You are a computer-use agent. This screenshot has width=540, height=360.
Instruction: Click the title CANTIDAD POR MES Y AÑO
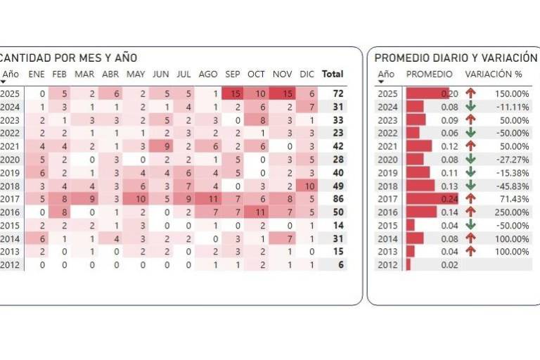(69, 58)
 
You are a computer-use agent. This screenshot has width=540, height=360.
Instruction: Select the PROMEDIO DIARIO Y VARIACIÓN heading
(456, 58)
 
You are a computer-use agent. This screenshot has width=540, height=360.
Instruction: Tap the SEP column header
(233, 74)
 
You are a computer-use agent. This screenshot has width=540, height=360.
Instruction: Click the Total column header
(332, 74)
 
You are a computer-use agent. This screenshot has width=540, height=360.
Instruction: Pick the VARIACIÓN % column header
(493, 74)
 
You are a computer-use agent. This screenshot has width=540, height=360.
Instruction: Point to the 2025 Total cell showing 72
(337, 94)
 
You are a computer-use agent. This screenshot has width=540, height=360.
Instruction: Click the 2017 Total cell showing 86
(337, 199)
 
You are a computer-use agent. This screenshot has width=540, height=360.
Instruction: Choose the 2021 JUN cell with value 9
(162, 146)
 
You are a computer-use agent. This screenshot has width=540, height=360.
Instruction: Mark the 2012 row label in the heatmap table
(11, 265)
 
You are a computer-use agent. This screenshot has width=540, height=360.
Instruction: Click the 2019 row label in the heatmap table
(11, 173)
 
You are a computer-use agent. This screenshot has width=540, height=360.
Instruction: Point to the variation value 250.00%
(511, 212)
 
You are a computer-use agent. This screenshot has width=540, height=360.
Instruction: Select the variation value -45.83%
(511, 186)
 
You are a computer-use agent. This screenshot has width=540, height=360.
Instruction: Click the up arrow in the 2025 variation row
(470, 94)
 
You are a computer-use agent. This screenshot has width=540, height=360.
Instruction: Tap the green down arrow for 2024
(470, 107)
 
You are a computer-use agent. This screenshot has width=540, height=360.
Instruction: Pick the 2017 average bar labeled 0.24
(431, 199)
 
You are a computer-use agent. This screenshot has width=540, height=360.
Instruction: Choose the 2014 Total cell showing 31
(337, 239)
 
